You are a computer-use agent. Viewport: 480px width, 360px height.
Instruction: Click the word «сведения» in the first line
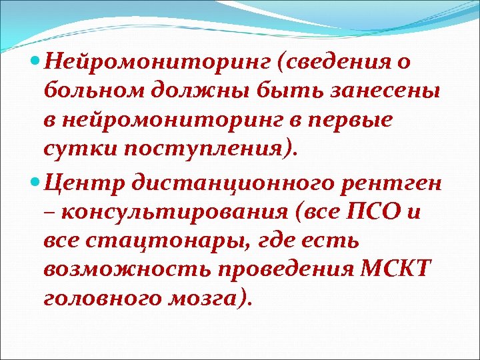click(x=338, y=63)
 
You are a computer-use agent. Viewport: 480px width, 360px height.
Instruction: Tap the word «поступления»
click(x=203, y=148)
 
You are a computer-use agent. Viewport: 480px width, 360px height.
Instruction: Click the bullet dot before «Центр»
click(x=35, y=179)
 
